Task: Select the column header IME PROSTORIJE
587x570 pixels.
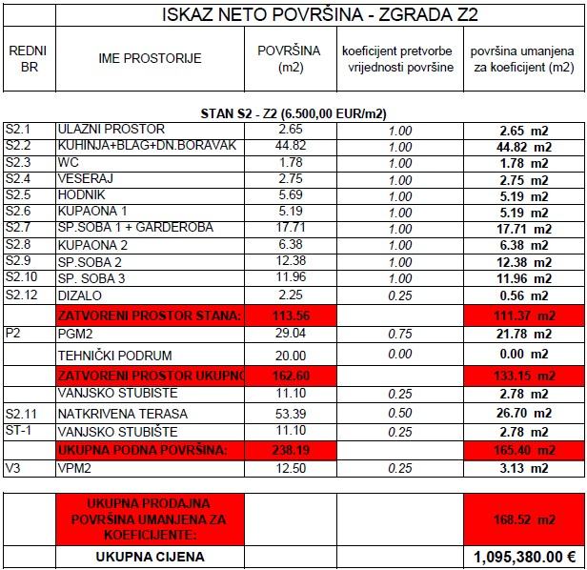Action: (x=150, y=58)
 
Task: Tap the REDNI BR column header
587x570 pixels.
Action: (x=27, y=58)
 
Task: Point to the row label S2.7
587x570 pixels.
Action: (x=18, y=228)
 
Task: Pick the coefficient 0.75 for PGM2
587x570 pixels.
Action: (x=400, y=336)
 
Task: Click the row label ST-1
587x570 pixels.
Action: (x=19, y=431)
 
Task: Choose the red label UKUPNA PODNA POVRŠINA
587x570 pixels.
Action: (x=143, y=449)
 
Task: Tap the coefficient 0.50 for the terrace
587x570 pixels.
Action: (x=400, y=414)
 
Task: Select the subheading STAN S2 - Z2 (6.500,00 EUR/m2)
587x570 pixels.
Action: (x=293, y=113)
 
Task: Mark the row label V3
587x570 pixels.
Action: (x=12, y=467)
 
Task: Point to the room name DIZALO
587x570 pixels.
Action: (x=79, y=295)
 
